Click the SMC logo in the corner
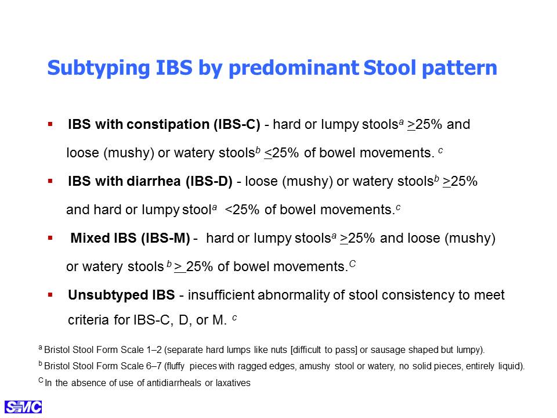(23, 407)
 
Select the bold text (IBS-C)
(237, 124)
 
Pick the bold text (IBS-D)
(209, 181)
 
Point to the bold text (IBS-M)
(165, 238)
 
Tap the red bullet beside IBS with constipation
(50, 124)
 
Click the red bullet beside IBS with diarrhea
(50, 181)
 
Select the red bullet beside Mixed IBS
(50, 238)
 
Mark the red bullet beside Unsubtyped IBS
(50, 295)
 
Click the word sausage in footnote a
(388, 350)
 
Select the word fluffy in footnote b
(175, 366)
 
